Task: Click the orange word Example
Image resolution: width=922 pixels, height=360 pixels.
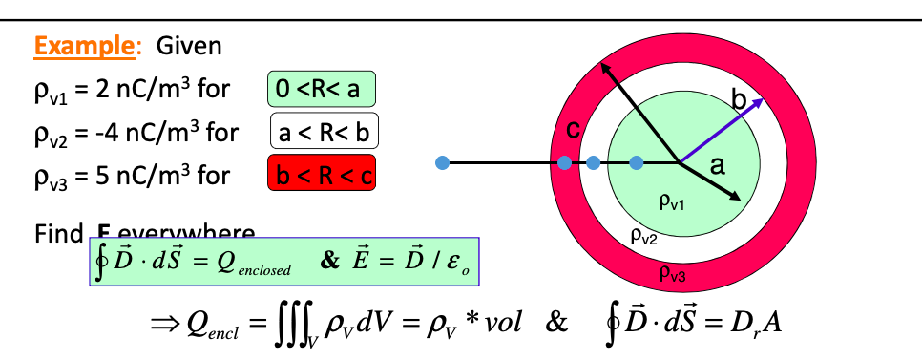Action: (79, 45)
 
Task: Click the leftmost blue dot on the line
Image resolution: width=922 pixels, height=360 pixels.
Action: (441, 163)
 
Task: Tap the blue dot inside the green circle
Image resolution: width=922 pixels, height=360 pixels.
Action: (637, 163)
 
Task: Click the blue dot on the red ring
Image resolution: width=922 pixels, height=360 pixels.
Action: (564, 163)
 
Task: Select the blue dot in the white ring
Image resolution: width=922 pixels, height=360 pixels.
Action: (594, 163)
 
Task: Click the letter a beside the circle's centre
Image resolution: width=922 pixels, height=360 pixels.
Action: (717, 165)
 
